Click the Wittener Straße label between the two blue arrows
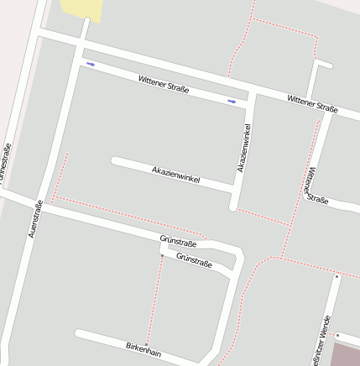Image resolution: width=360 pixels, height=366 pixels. pyautogui.click(x=164, y=84)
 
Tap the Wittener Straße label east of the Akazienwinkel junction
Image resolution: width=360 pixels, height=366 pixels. pyautogui.click(x=312, y=103)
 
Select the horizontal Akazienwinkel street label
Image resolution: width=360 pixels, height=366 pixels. pyautogui.click(x=175, y=175)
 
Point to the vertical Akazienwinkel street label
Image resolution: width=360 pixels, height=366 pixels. pyautogui.click(x=244, y=149)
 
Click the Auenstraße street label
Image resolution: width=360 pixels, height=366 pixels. pyautogui.click(x=34, y=218)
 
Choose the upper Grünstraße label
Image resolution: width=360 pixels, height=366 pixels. pyautogui.click(x=177, y=242)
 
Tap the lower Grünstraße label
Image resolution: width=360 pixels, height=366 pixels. pyautogui.click(x=194, y=260)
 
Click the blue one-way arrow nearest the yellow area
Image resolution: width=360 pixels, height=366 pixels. pyautogui.click(x=90, y=64)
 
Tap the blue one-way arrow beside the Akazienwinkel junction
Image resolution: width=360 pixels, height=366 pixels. pyautogui.click(x=232, y=102)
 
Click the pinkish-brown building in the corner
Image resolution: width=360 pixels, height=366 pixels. pyautogui.click(x=347, y=354)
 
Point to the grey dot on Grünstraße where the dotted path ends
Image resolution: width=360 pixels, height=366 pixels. pyautogui.click(x=162, y=254)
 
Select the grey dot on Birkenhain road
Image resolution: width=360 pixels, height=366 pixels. pyautogui.click(x=146, y=344)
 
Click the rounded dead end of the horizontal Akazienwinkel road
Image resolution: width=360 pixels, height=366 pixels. pyautogui.click(x=115, y=161)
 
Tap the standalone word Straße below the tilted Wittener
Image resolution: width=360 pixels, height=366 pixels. pyautogui.click(x=317, y=200)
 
